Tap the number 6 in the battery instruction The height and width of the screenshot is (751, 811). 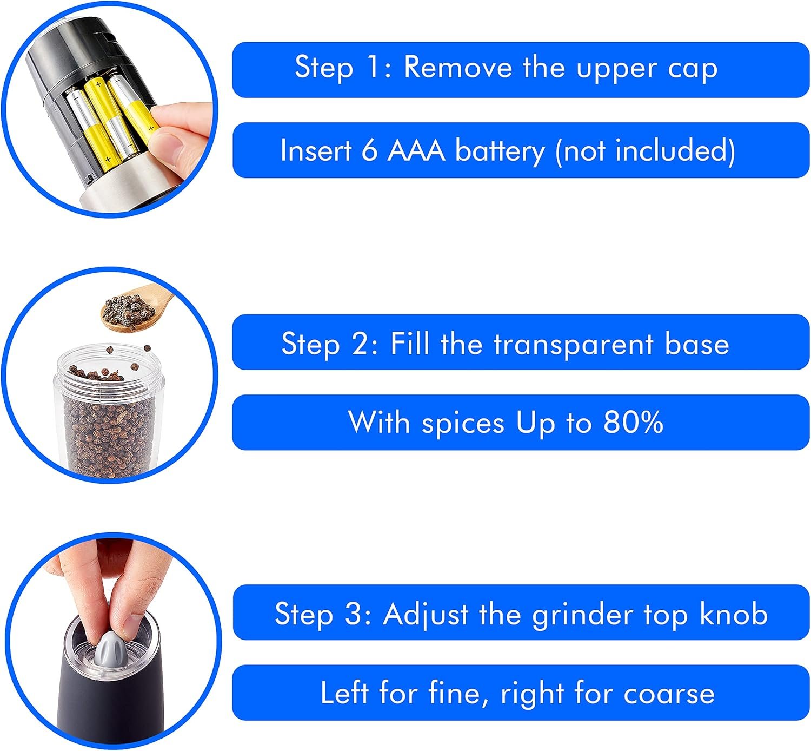point(369,150)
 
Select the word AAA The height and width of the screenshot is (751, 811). point(416,150)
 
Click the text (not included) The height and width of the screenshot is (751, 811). point(645,151)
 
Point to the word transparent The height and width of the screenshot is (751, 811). point(573,344)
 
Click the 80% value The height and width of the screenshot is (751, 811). point(633,422)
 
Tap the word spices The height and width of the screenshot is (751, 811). point(463,424)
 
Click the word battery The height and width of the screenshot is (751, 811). point(500,151)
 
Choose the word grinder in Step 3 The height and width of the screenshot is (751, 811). point(583,615)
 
